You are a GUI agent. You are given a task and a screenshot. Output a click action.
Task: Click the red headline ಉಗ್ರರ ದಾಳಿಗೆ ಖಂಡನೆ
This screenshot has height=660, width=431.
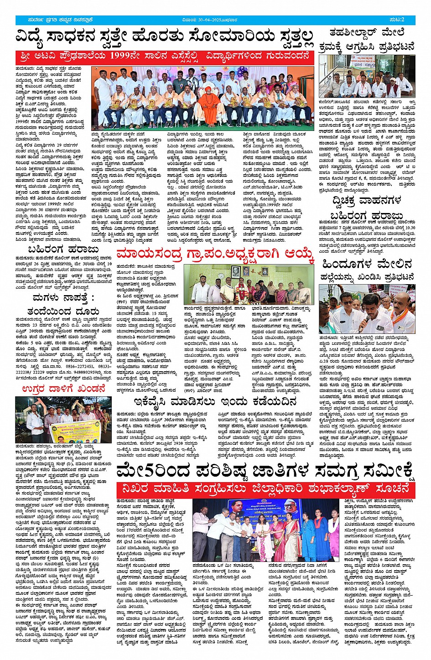click(64, 389)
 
